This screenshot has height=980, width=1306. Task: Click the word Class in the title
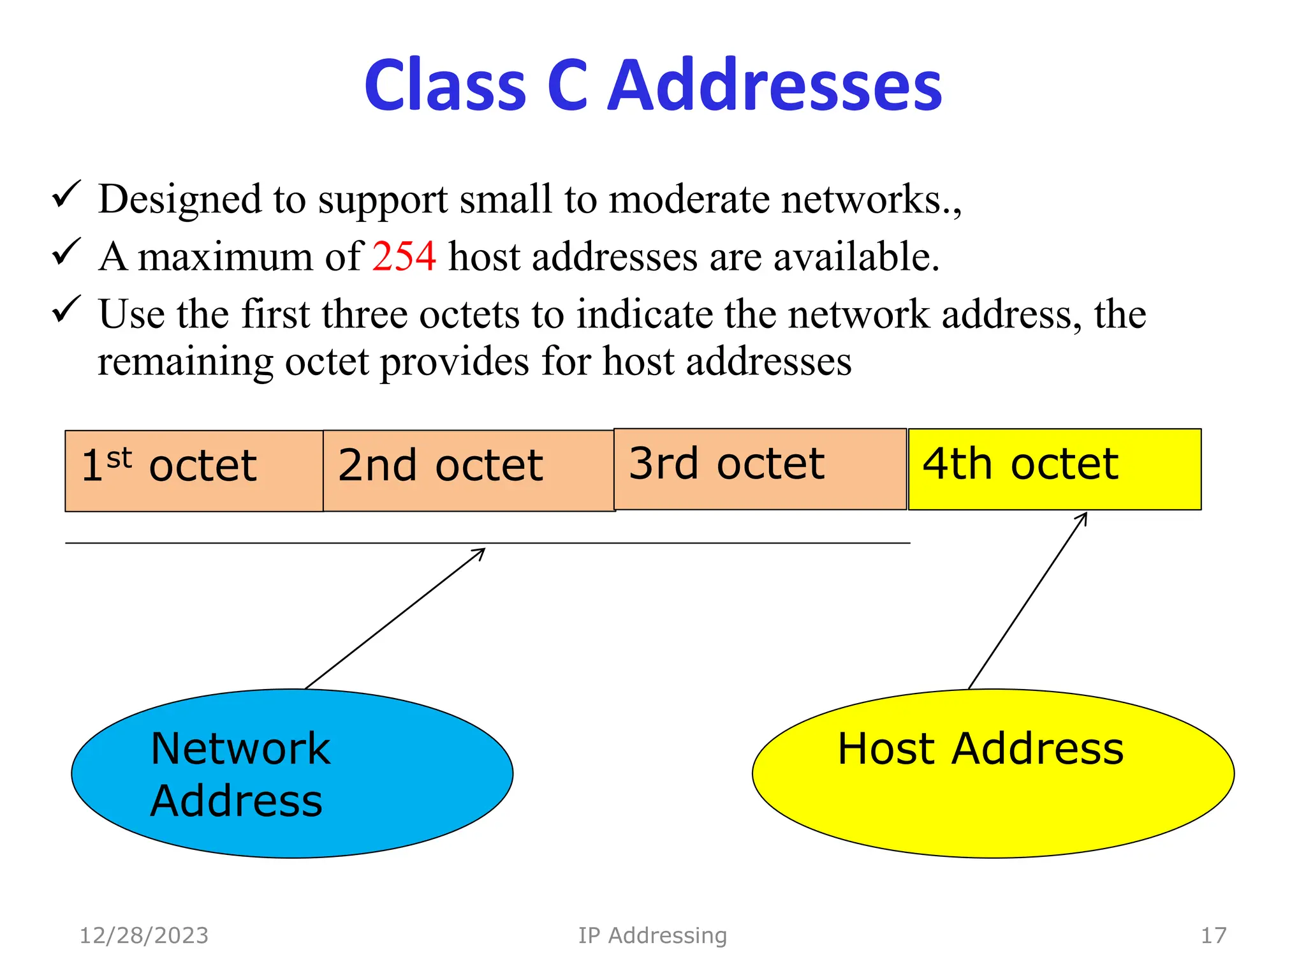tap(445, 85)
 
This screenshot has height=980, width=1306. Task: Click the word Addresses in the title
tap(774, 85)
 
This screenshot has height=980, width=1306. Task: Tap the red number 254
tap(404, 256)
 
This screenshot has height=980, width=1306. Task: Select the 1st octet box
tap(194, 471)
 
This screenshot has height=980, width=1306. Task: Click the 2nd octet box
tap(468, 471)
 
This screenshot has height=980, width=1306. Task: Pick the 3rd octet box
tap(759, 469)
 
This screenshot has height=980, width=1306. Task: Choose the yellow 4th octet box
tap(1054, 469)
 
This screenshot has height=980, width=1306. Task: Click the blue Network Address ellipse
tap(292, 773)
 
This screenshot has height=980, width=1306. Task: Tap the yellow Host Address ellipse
tap(993, 773)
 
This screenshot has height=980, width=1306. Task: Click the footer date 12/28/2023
tap(143, 935)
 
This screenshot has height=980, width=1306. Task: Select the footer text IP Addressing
tap(652, 935)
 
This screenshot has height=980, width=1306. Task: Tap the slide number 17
tap(1213, 935)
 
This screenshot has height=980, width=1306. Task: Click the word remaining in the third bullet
tap(185, 362)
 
